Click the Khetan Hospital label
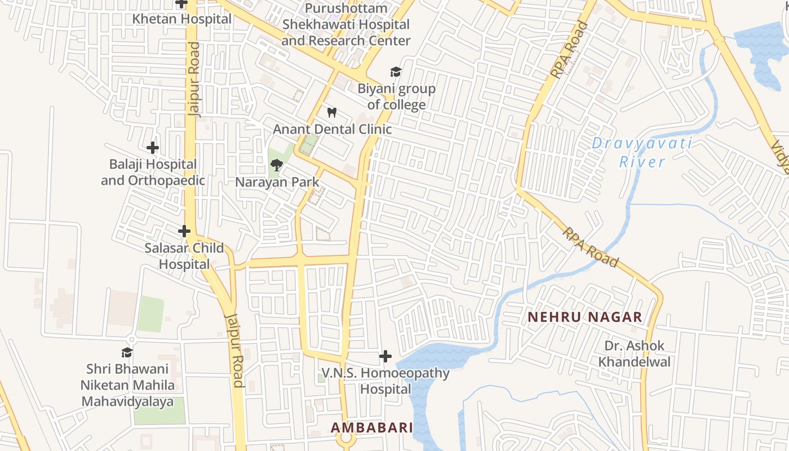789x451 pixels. click(x=181, y=19)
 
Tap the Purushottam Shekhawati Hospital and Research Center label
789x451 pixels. click(x=346, y=25)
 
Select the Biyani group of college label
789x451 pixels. click(x=396, y=96)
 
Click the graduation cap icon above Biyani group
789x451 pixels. click(x=396, y=72)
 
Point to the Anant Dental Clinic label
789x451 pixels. click(x=332, y=129)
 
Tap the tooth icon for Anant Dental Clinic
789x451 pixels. click(x=332, y=112)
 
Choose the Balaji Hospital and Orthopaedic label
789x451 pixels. click(x=153, y=173)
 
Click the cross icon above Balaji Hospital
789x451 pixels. click(x=153, y=148)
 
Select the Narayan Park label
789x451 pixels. click(x=277, y=182)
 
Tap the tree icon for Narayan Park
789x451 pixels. click(x=277, y=165)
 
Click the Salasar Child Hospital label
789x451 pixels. click(x=184, y=256)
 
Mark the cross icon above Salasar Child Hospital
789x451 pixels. click(x=184, y=231)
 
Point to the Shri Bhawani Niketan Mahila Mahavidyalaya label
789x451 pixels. click(x=127, y=386)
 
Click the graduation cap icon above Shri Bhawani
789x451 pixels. click(x=127, y=353)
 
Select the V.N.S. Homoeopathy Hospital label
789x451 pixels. click(x=385, y=381)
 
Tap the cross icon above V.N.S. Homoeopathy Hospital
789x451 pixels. click(x=385, y=356)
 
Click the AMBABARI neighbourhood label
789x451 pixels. click(x=372, y=427)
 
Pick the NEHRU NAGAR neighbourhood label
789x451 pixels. click(x=585, y=317)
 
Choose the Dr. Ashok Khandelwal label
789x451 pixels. click(x=635, y=353)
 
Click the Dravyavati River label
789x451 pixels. click(x=642, y=152)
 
